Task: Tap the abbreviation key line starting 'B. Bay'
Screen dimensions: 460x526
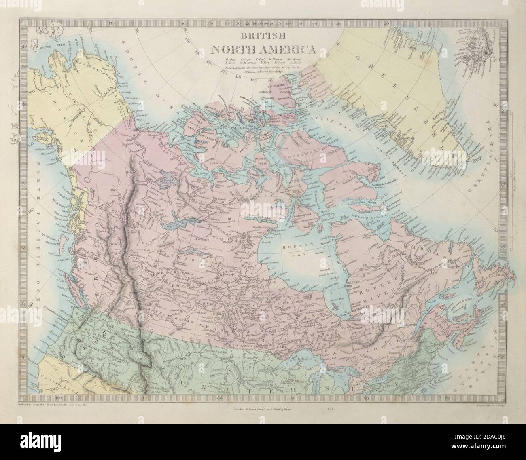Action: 266,61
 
